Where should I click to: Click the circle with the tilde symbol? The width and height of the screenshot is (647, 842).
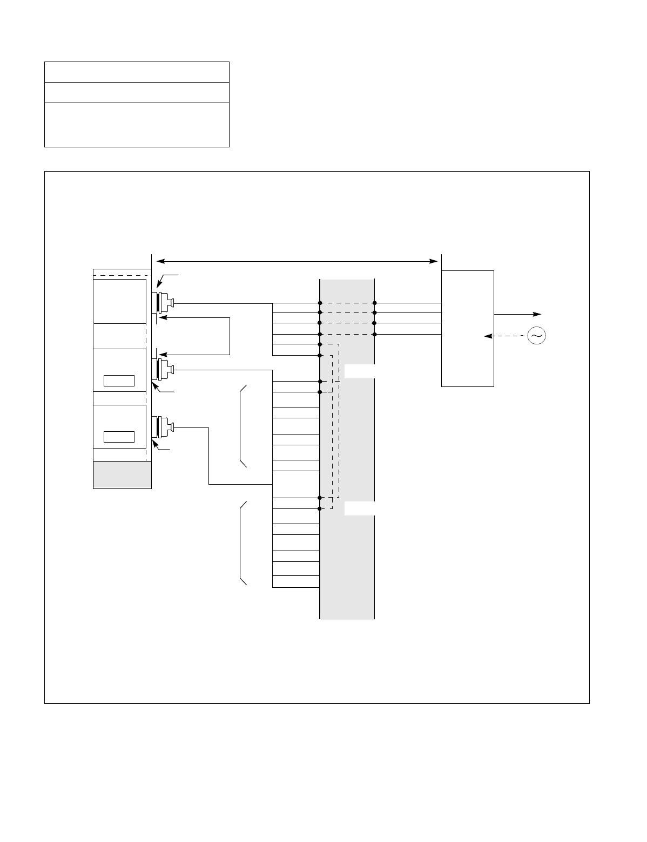(x=536, y=336)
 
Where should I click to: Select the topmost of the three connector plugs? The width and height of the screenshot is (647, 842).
(x=164, y=303)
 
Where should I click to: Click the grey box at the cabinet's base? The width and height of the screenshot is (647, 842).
(x=122, y=475)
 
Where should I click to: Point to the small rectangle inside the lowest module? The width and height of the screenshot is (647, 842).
(x=119, y=437)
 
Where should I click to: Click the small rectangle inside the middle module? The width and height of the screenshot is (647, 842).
(x=119, y=380)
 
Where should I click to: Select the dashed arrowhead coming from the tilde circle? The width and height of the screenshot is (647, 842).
(x=488, y=336)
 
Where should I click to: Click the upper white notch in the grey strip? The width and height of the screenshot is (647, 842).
(x=359, y=371)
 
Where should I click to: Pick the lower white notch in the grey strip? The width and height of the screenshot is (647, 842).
(x=359, y=508)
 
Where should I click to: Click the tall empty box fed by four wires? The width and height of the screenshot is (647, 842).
(x=468, y=328)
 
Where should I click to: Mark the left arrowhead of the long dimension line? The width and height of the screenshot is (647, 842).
(x=159, y=261)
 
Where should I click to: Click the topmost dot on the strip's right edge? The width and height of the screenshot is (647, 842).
(x=374, y=303)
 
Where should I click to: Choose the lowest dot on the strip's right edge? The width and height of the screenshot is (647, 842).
(x=374, y=335)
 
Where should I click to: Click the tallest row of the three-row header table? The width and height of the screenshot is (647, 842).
(x=137, y=125)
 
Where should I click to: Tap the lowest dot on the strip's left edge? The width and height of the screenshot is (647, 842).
(x=320, y=508)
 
